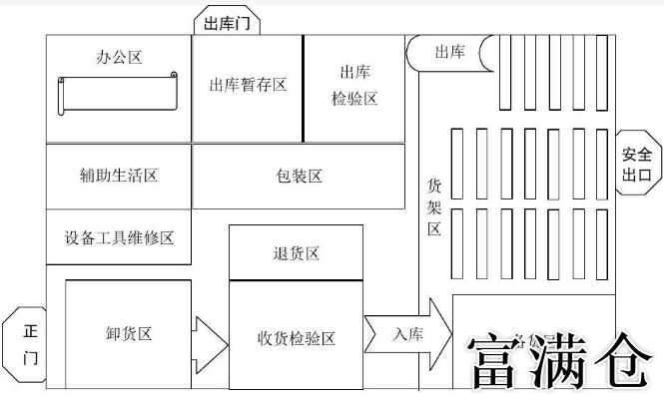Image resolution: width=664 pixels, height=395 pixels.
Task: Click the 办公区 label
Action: point(120,57)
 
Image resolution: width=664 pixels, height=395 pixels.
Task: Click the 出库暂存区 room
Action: point(248,86)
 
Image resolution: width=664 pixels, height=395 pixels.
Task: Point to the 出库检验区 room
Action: point(355,86)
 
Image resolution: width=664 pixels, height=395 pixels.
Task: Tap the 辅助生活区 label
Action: point(119,176)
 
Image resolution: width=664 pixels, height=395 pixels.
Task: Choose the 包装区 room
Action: point(299,177)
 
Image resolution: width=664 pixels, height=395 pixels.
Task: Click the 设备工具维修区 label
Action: point(119,237)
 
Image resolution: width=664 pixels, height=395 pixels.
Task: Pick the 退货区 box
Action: point(296,253)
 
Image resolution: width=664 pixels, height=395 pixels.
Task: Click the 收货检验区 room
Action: point(296,337)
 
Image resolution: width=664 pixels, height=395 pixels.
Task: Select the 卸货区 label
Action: point(129,334)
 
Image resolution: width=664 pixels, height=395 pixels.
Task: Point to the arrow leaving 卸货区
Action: point(210,341)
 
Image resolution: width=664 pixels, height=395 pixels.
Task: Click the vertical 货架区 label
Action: point(434,206)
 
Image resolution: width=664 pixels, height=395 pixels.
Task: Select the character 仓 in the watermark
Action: point(624,361)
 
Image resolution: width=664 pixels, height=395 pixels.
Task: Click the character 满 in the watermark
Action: point(562,361)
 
